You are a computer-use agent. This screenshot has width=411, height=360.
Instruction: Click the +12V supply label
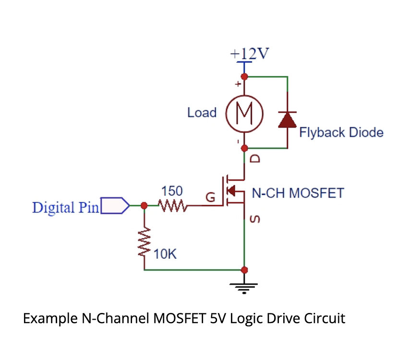click(250, 53)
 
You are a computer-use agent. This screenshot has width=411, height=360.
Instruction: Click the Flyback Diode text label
click(341, 132)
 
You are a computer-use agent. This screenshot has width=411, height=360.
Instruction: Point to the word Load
click(202, 113)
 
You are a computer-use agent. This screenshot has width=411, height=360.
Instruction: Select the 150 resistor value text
click(171, 192)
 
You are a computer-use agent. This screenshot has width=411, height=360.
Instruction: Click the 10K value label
click(166, 254)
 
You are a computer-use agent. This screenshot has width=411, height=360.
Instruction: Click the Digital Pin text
click(65, 207)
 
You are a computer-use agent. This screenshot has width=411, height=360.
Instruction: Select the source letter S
click(255, 220)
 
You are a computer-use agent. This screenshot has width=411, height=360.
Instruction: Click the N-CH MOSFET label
click(298, 193)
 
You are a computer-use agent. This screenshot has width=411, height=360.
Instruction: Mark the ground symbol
click(245, 287)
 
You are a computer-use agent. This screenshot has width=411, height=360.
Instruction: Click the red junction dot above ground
click(245, 270)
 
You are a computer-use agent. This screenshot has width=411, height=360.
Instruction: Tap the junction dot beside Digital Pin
click(144, 206)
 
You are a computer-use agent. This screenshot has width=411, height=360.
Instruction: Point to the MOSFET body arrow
click(232, 191)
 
